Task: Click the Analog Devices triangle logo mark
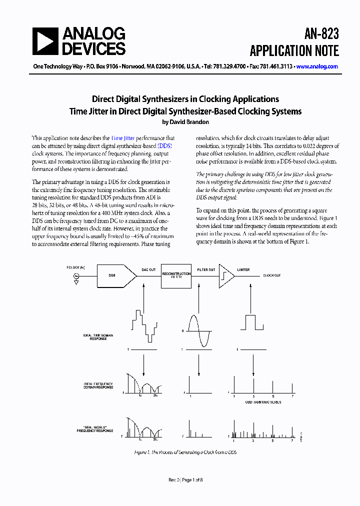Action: [45, 41]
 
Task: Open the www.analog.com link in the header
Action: [316, 66]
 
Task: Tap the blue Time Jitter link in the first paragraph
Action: [122, 138]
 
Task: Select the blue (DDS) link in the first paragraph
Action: [164, 145]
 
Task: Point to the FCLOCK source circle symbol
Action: [76, 276]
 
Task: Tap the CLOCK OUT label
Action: [272, 275]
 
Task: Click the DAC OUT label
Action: [148, 270]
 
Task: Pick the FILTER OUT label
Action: [206, 270]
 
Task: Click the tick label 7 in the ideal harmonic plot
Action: [292, 396]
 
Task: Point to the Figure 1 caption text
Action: [185, 452]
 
